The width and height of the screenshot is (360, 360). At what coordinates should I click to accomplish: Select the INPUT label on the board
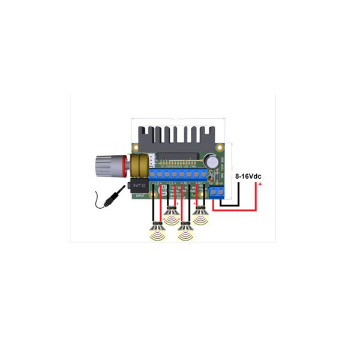[140, 196]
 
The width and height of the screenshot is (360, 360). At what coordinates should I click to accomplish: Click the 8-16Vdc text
[248, 176]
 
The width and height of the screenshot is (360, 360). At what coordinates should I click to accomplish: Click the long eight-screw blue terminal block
[180, 175]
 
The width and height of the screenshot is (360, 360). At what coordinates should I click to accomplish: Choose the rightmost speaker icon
[200, 215]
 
